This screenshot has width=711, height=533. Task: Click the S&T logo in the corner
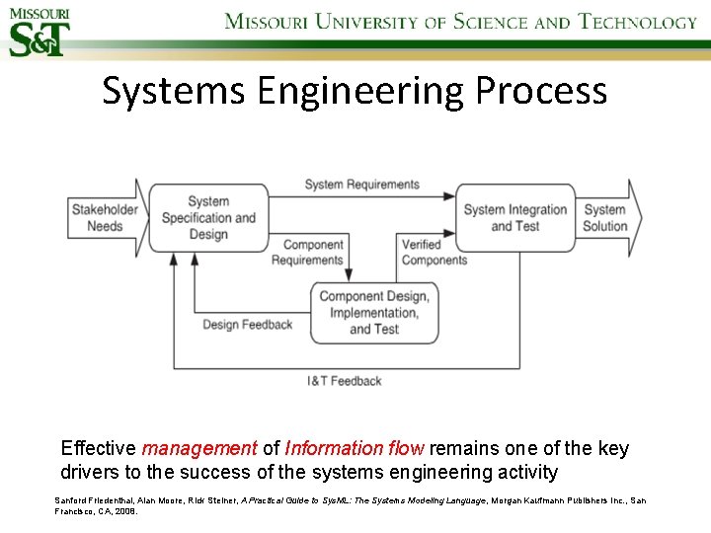[39, 32]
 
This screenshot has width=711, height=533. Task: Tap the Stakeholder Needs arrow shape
[105, 217]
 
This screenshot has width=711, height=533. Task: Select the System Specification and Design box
[207, 218]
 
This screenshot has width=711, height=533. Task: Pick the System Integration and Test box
[514, 218]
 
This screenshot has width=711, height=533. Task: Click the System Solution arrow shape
[606, 217]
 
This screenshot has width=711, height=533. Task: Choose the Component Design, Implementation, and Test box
[373, 313]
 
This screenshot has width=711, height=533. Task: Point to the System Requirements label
[361, 185]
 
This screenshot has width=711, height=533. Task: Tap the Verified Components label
[434, 253]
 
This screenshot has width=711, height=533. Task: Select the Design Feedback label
[247, 325]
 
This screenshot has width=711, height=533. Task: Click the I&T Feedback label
[344, 381]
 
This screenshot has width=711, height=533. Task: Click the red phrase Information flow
[343, 449]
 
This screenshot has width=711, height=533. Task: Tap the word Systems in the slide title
[173, 91]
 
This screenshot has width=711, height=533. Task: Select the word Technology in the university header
[638, 22]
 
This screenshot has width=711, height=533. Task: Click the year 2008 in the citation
[125, 512]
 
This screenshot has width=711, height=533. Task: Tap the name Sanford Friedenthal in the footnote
[91, 500]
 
